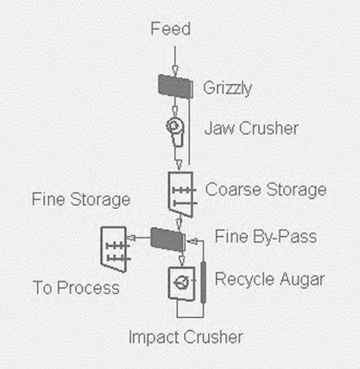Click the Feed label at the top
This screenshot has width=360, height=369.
pyautogui.click(x=171, y=29)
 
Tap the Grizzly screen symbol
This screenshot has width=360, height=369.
pyautogui.click(x=175, y=86)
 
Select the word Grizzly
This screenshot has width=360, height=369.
pyautogui.click(x=227, y=88)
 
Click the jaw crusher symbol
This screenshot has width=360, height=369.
pyautogui.click(x=175, y=132)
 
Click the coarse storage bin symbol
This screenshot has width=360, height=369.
pyautogui.click(x=181, y=194)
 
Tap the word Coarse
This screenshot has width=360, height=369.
pyautogui.click(x=233, y=189)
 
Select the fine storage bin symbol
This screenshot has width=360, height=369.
pyautogui.click(x=115, y=250)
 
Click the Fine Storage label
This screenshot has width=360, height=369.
pyautogui.click(x=81, y=200)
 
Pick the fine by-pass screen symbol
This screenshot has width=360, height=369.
pyautogui.click(x=168, y=239)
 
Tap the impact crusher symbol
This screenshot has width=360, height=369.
pyautogui.click(x=181, y=283)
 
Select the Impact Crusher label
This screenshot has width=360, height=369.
pyautogui.click(x=186, y=337)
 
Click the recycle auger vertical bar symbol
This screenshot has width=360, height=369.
pyautogui.click(x=203, y=282)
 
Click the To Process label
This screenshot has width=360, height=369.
pyautogui.click(x=76, y=288)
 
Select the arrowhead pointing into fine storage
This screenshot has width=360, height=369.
pyautogui.click(x=131, y=238)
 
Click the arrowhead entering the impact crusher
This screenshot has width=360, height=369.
pyautogui.click(x=181, y=261)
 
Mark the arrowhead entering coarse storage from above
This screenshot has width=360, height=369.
pyautogui.click(x=179, y=165)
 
